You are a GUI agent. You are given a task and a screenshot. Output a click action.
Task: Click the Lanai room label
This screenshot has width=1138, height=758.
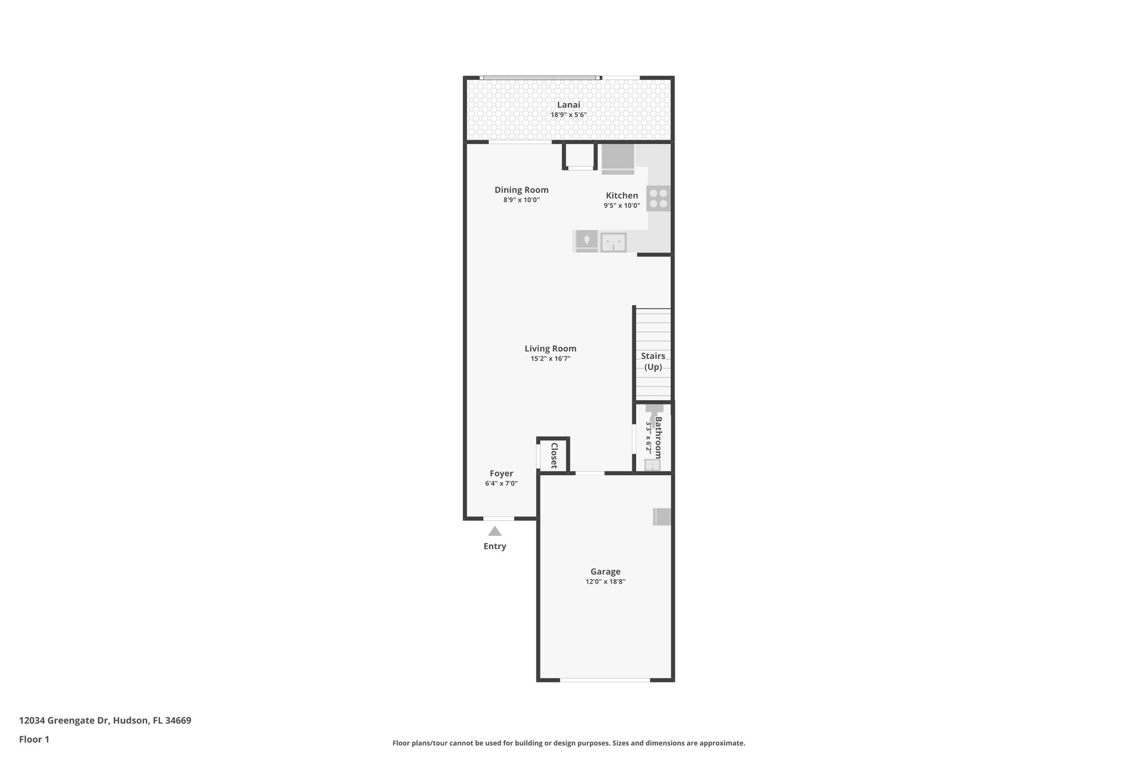(568, 105)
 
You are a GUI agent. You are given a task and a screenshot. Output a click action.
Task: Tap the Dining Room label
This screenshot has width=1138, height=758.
(521, 190)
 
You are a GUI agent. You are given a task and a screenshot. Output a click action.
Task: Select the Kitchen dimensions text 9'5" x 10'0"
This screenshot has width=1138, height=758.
(622, 205)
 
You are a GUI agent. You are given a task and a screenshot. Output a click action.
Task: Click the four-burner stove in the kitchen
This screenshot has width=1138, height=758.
(658, 198)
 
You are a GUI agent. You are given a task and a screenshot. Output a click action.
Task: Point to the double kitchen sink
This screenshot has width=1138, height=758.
(613, 242)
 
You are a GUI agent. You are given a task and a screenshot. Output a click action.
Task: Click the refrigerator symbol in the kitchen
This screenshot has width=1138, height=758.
(617, 159)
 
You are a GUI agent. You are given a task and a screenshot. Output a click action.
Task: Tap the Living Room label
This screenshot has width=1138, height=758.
(550, 349)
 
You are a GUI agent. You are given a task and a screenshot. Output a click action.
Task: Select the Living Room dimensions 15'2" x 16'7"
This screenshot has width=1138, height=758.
(550, 359)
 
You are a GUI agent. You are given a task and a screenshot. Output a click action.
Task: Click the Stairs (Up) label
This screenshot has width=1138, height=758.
(653, 361)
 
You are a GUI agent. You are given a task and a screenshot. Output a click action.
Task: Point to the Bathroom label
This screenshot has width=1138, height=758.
(658, 438)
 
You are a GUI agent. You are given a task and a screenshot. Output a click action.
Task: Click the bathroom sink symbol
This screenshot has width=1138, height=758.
(652, 465)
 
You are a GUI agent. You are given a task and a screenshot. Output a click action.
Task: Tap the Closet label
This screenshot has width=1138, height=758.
(554, 455)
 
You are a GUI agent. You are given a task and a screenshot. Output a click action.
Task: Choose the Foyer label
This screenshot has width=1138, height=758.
(501, 474)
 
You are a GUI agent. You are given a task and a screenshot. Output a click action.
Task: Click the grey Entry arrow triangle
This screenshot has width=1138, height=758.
(495, 531)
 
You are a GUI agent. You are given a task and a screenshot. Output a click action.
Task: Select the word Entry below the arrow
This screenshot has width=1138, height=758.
(495, 546)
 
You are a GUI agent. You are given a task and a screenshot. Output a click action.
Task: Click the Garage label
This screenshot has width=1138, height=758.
(605, 571)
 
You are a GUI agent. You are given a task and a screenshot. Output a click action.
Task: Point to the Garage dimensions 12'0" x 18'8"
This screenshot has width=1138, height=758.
(605, 581)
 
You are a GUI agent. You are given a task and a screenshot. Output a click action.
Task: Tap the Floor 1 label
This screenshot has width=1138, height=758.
(34, 740)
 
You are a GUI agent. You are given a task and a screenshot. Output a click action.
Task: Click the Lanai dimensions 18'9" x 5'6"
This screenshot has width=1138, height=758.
(568, 115)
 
